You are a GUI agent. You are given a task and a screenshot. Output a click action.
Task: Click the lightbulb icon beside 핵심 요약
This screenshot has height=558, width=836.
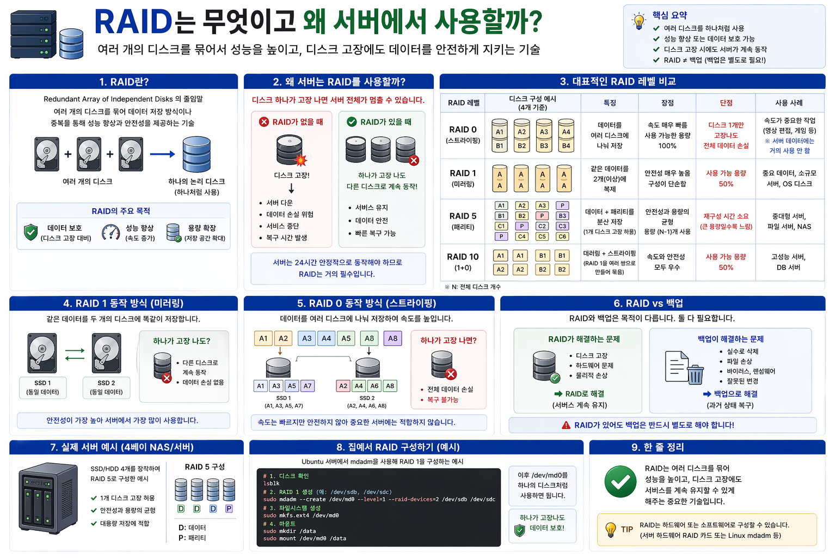638,21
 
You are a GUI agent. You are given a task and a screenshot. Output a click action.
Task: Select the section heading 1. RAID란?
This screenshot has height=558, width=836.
124,82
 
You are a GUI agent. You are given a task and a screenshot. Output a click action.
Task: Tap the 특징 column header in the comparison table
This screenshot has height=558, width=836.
610,102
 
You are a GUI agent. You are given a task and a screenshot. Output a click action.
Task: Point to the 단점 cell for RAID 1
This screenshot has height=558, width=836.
726,178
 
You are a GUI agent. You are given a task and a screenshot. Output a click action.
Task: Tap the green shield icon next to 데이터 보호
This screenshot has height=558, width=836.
31,232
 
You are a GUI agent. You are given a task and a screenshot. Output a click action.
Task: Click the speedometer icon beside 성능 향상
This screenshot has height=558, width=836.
111,233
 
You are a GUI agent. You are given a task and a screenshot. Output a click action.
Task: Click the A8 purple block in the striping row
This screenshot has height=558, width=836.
392,338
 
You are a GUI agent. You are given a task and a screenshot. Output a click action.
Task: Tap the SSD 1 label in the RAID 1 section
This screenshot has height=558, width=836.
42,383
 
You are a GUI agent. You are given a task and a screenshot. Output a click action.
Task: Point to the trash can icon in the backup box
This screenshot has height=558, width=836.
695,374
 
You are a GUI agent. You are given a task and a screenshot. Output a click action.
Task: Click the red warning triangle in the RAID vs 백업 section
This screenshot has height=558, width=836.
566,425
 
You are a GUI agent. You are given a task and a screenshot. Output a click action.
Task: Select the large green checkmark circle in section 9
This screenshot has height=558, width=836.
620,481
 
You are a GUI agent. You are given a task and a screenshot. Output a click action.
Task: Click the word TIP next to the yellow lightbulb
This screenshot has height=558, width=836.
627,529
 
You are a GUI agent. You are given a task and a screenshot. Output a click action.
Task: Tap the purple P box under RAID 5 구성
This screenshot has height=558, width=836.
229,508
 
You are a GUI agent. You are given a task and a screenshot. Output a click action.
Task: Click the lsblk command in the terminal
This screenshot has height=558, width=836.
271,483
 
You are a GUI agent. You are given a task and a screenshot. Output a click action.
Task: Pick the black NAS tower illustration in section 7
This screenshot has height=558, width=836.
48,498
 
